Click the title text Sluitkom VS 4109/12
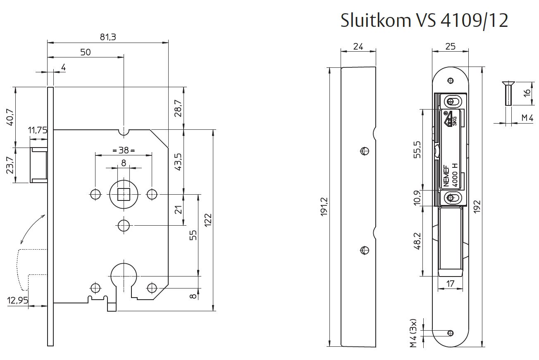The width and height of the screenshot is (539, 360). pyautogui.click(x=424, y=20)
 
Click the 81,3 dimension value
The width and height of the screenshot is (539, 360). pyautogui.click(x=108, y=37)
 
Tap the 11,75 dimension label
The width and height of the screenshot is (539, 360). pyautogui.click(x=38, y=130)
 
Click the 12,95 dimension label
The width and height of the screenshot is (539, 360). pyautogui.click(x=18, y=300)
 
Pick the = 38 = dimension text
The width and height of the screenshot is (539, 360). pyautogui.click(x=124, y=150)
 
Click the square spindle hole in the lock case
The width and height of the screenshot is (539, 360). pyautogui.click(x=124, y=194)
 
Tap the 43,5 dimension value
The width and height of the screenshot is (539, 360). pyautogui.click(x=178, y=162)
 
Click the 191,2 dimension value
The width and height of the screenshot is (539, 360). pyautogui.click(x=324, y=207)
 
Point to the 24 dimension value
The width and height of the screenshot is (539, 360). pyautogui.click(x=358, y=47)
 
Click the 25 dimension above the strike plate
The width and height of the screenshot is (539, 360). pyautogui.click(x=451, y=46)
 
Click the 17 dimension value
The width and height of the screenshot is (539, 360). pyautogui.click(x=451, y=284)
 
